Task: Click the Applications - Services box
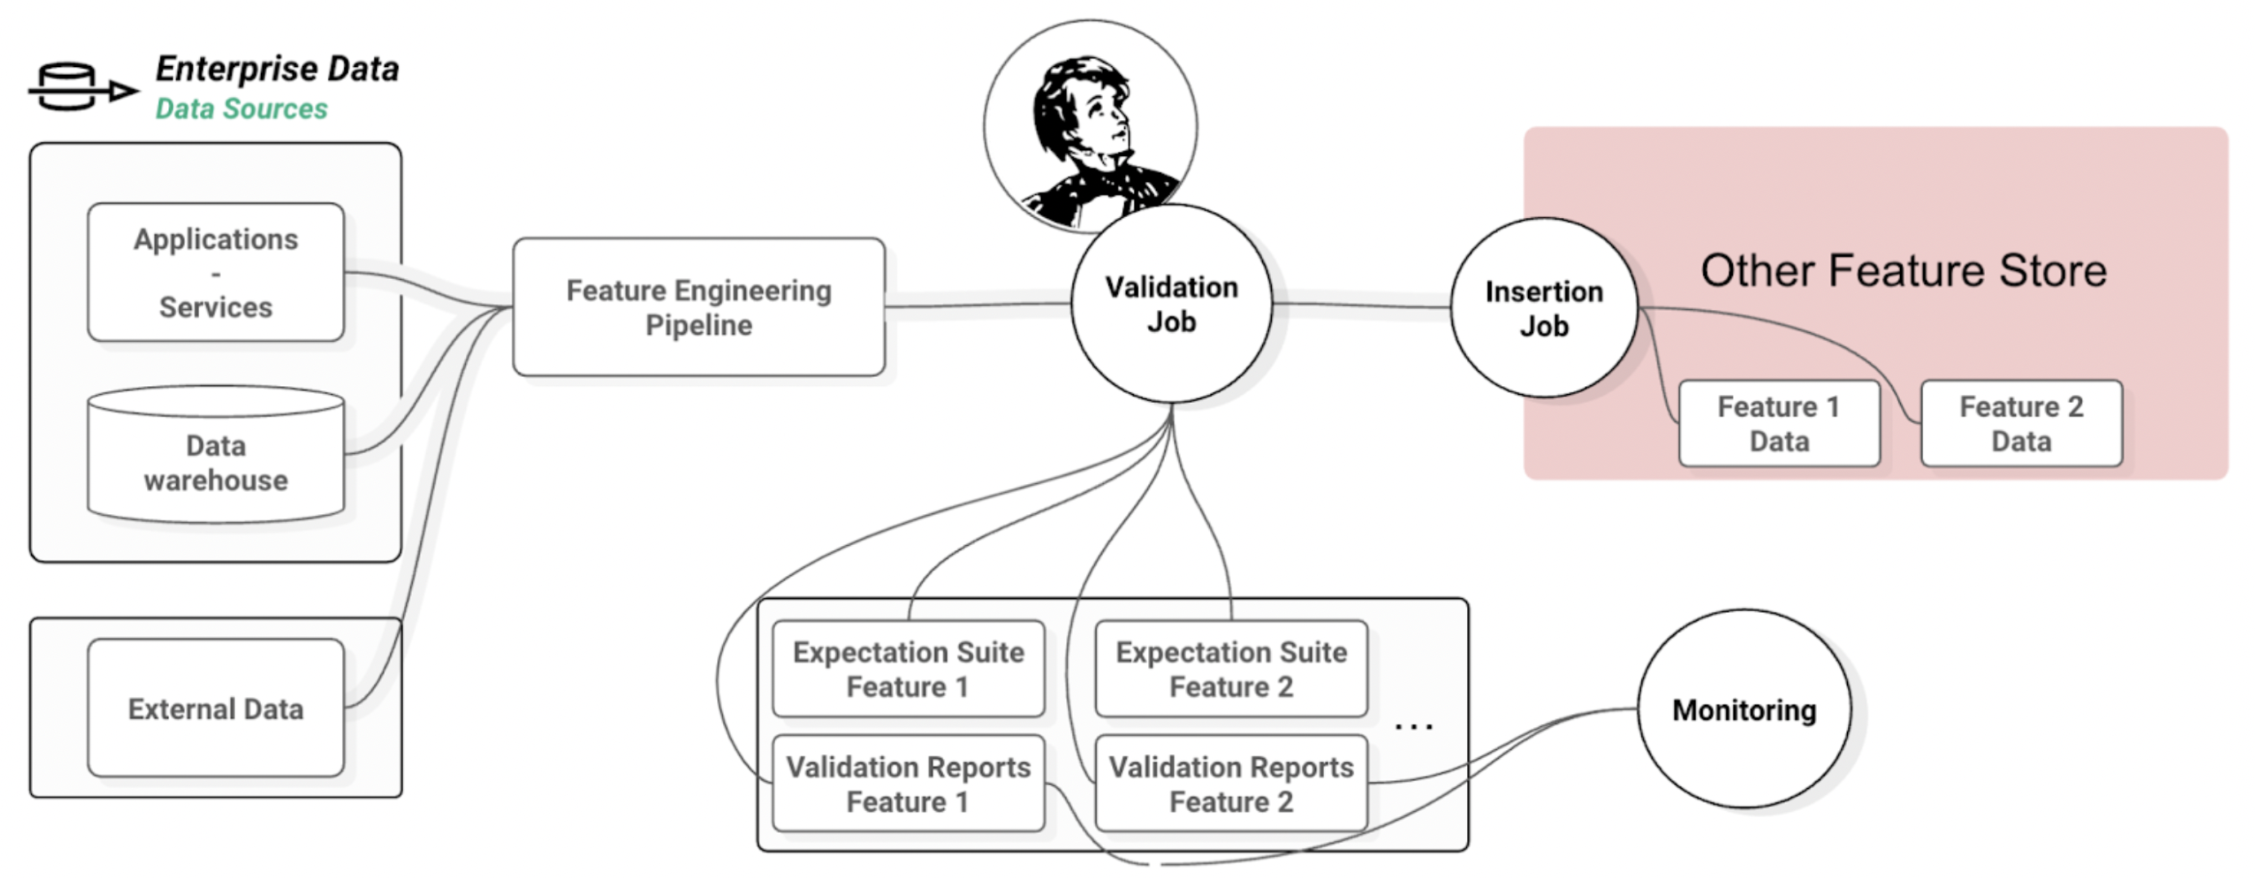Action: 215,273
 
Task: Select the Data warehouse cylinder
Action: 215,462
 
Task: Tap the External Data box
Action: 215,708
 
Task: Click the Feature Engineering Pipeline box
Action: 698,308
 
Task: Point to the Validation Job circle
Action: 1172,304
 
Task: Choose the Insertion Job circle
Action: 1544,308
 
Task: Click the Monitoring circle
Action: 1743,710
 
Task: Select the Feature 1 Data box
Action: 1779,423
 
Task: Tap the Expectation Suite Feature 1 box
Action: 908,669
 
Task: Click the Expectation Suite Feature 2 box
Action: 1231,669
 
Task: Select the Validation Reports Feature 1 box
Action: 908,783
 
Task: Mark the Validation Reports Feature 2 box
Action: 1231,783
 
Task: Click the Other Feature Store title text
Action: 1903,270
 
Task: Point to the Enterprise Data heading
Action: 277,69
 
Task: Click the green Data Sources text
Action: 241,109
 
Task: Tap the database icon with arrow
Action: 79,87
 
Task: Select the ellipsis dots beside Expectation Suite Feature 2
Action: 1413,725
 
